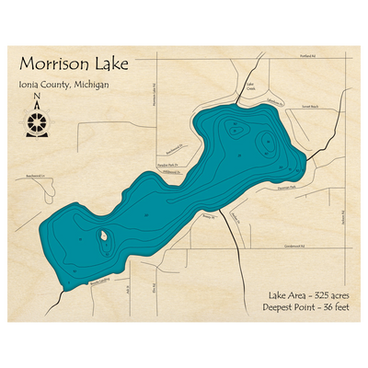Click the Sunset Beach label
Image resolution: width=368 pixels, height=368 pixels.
coord(309,108)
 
